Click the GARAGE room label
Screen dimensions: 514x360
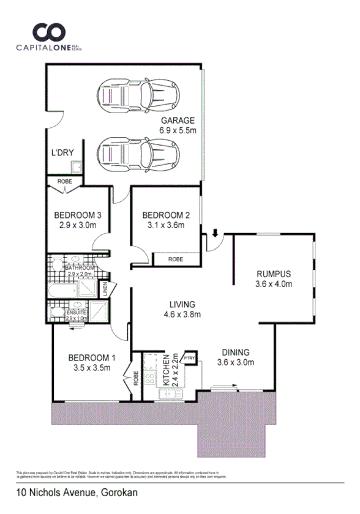point(178,120)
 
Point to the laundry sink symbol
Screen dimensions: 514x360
point(76,166)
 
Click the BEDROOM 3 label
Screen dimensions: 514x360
point(77,215)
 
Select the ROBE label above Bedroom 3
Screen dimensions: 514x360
point(64,182)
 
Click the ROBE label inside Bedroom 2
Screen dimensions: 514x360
point(176,259)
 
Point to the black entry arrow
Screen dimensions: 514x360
point(216,233)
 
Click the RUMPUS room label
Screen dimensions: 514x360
point(273,274)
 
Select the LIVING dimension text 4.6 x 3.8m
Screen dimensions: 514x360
point(181,315)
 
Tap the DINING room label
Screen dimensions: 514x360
point(235,352)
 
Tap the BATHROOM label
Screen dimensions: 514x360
point(80,268)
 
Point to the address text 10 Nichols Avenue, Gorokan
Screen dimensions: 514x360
point(77,493)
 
